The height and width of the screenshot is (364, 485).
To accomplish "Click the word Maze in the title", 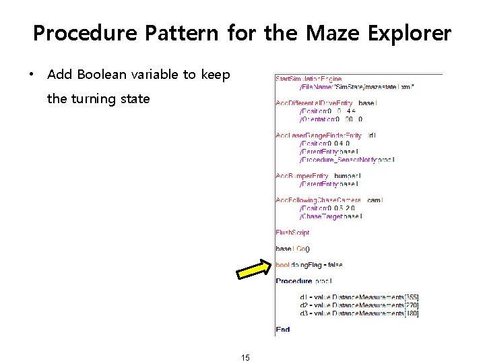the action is click(x=328, y=33).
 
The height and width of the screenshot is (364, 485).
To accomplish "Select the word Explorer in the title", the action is click(x=408, y=33).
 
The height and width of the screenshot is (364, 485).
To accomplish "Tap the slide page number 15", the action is click(x=245, y=357).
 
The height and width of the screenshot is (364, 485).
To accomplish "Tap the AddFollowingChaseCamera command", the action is click(x=319, y=200).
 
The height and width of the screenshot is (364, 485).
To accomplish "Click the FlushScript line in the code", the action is click(x=292, y=233).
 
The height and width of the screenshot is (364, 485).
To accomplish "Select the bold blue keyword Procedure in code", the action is click(x=294, y=280).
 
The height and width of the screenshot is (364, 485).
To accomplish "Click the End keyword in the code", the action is click(x=282, y=330).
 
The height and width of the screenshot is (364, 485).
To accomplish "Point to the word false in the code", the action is click(x=335, y=265).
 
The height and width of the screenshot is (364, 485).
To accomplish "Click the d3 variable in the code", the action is click(x=304, y=313).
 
